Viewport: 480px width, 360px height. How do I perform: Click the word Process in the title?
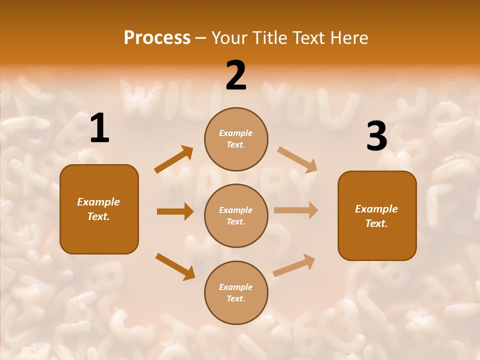(x=157, y=38)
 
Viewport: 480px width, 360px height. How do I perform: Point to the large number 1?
(x=99, y=129)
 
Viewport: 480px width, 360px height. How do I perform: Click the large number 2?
(x=236, y=75)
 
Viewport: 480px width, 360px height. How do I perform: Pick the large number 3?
(x=376, y=136)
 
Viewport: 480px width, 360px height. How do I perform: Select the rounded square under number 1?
(x=99, y=209)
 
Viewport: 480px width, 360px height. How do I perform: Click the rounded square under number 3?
(x=377, y=216)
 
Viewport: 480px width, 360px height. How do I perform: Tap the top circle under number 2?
(x=236, y=139)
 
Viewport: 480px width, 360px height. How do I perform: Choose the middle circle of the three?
(x=236, y=215)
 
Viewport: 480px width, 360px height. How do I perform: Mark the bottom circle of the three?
(x=236, y=292)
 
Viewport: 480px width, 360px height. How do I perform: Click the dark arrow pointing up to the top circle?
(x=174, y=159)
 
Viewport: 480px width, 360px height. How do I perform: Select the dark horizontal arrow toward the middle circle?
(x=175, y=211)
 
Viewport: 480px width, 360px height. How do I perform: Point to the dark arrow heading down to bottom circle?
(x=175, y=266)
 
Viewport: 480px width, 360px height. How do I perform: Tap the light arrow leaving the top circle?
(x=297, y=159)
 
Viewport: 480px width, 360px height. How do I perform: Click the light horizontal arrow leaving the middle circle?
(x=296, y=210)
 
